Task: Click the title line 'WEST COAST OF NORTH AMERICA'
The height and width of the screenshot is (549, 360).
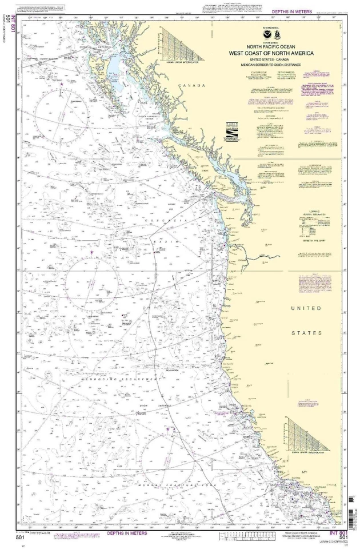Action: click(x=279, y=53)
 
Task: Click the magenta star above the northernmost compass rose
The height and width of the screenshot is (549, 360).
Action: click(x=62, y=84)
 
